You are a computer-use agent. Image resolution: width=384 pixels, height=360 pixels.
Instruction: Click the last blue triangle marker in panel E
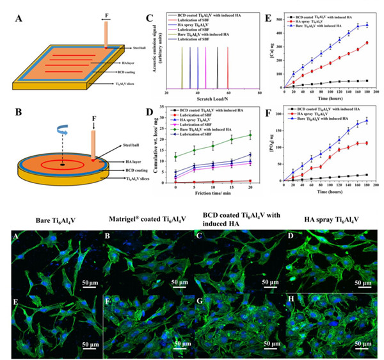tap(367, 25)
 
